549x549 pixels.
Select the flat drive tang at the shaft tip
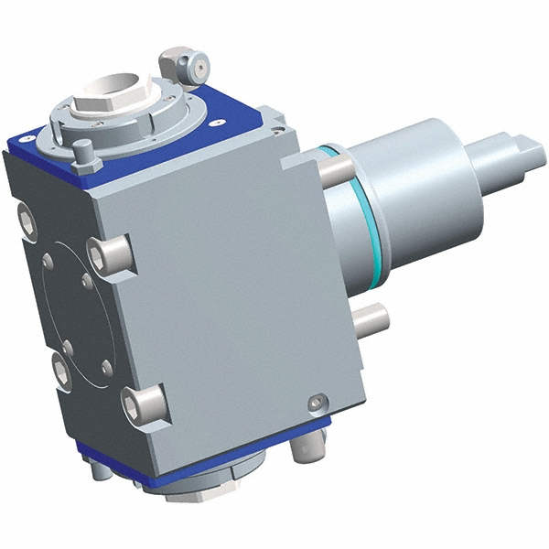point(522,146)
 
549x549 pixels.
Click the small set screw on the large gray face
point(316,402)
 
